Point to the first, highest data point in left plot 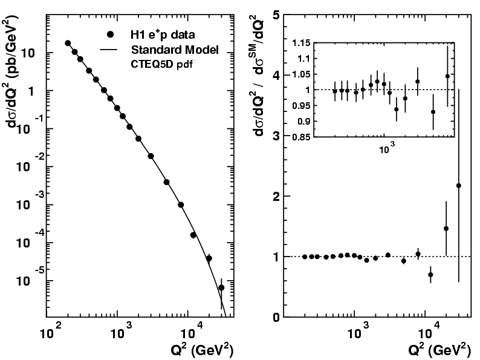pyautogui.click(x=68, y=43)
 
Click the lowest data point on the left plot pyautogui.click(x=221, y=288)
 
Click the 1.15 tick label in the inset pyautogui.click(x=301, y=43)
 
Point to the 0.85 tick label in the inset pyautogui.click(x=301, y=137)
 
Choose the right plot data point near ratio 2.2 pyautogui.click(x=458, y=186)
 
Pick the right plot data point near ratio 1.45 pyautogui.click(x=446, y=229)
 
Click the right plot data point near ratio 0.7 pyautogui.click(x=430, y=275)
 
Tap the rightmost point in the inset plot pyautogui.click(x=447, y=76)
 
